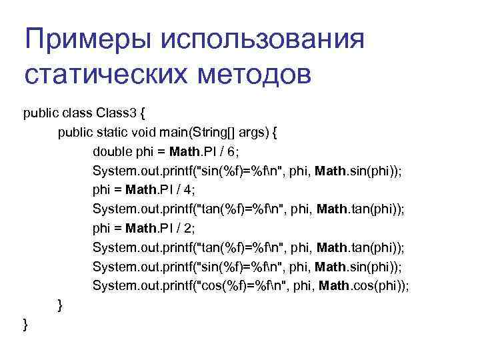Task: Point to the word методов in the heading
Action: (254, 74)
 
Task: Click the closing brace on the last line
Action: (25, 325)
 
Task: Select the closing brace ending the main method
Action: (61, 305)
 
